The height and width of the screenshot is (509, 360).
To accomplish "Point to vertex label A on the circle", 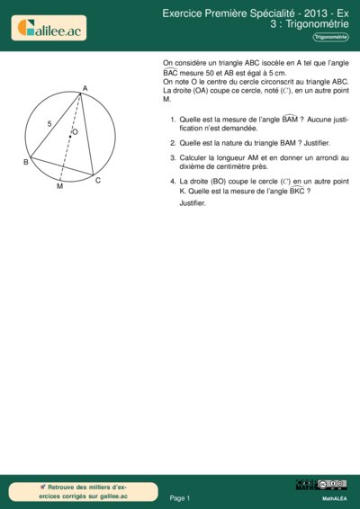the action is point(84,88).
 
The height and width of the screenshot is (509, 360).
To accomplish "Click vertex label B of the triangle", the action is point(25,162).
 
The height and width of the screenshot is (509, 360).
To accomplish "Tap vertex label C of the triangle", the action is point(97,181).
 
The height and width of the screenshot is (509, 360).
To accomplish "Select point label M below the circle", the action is point(59,187).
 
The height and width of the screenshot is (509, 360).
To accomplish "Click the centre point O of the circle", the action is point(71,138).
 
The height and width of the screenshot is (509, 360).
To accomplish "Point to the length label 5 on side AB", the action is point(49,122).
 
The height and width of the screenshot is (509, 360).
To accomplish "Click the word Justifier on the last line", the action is point(193,203).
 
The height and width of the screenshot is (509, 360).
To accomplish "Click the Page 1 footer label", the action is point(179,497).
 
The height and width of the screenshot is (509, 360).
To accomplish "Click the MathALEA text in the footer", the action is point(335,497).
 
